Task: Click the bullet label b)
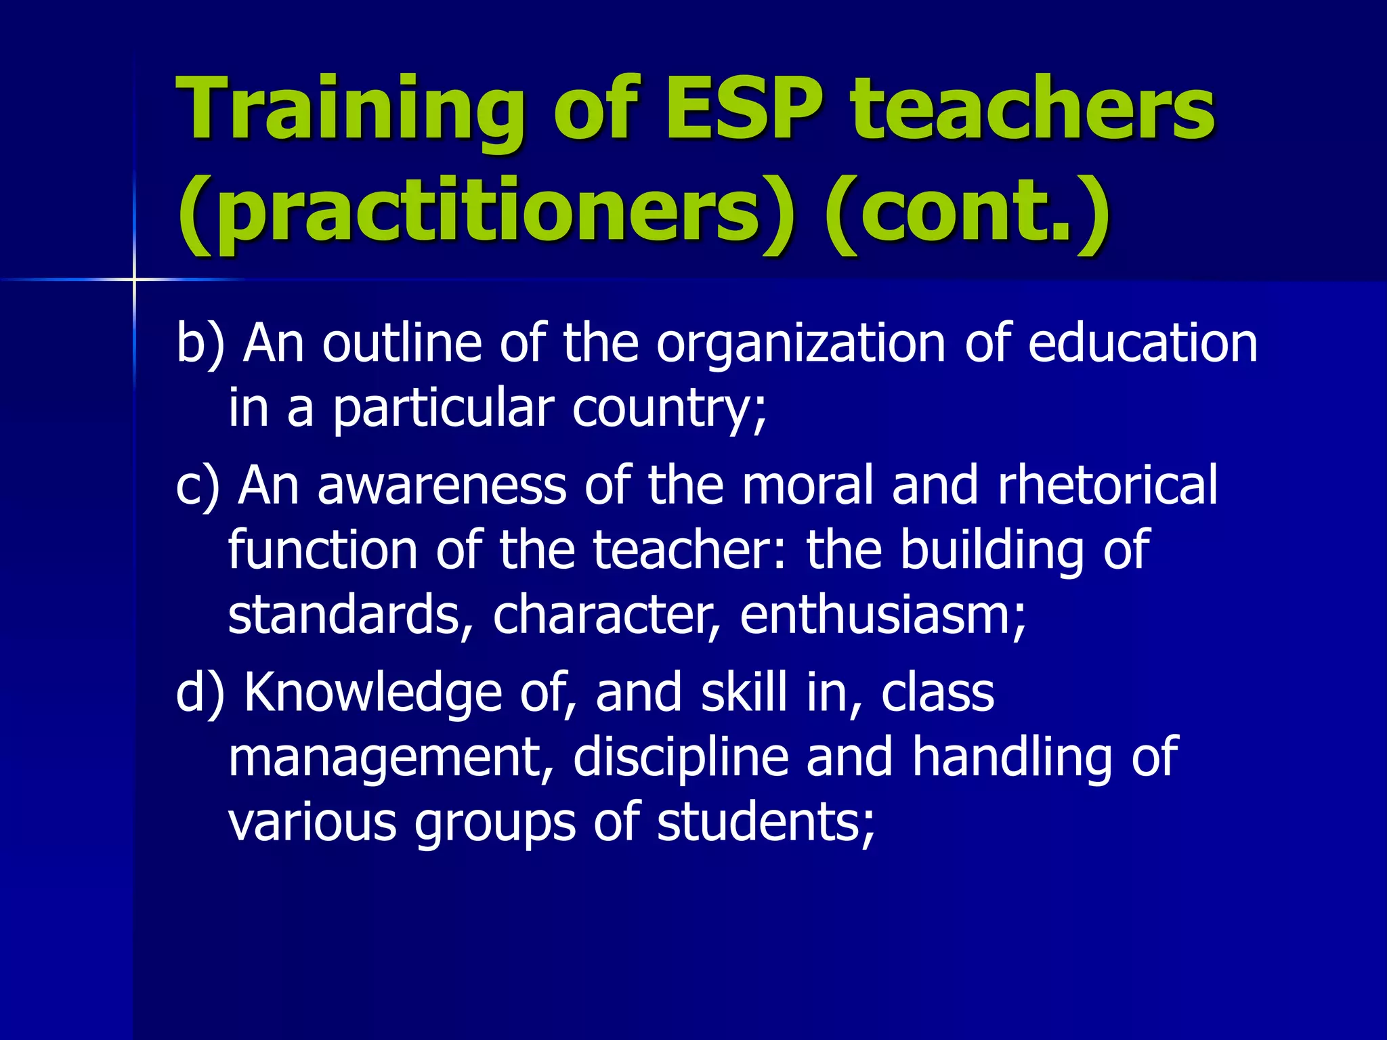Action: point(199,344)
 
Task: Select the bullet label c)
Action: point(197,486)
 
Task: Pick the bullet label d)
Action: point(199,693)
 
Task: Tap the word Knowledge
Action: point(372,695)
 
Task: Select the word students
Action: point(765,822)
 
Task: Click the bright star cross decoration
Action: point(134,279)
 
